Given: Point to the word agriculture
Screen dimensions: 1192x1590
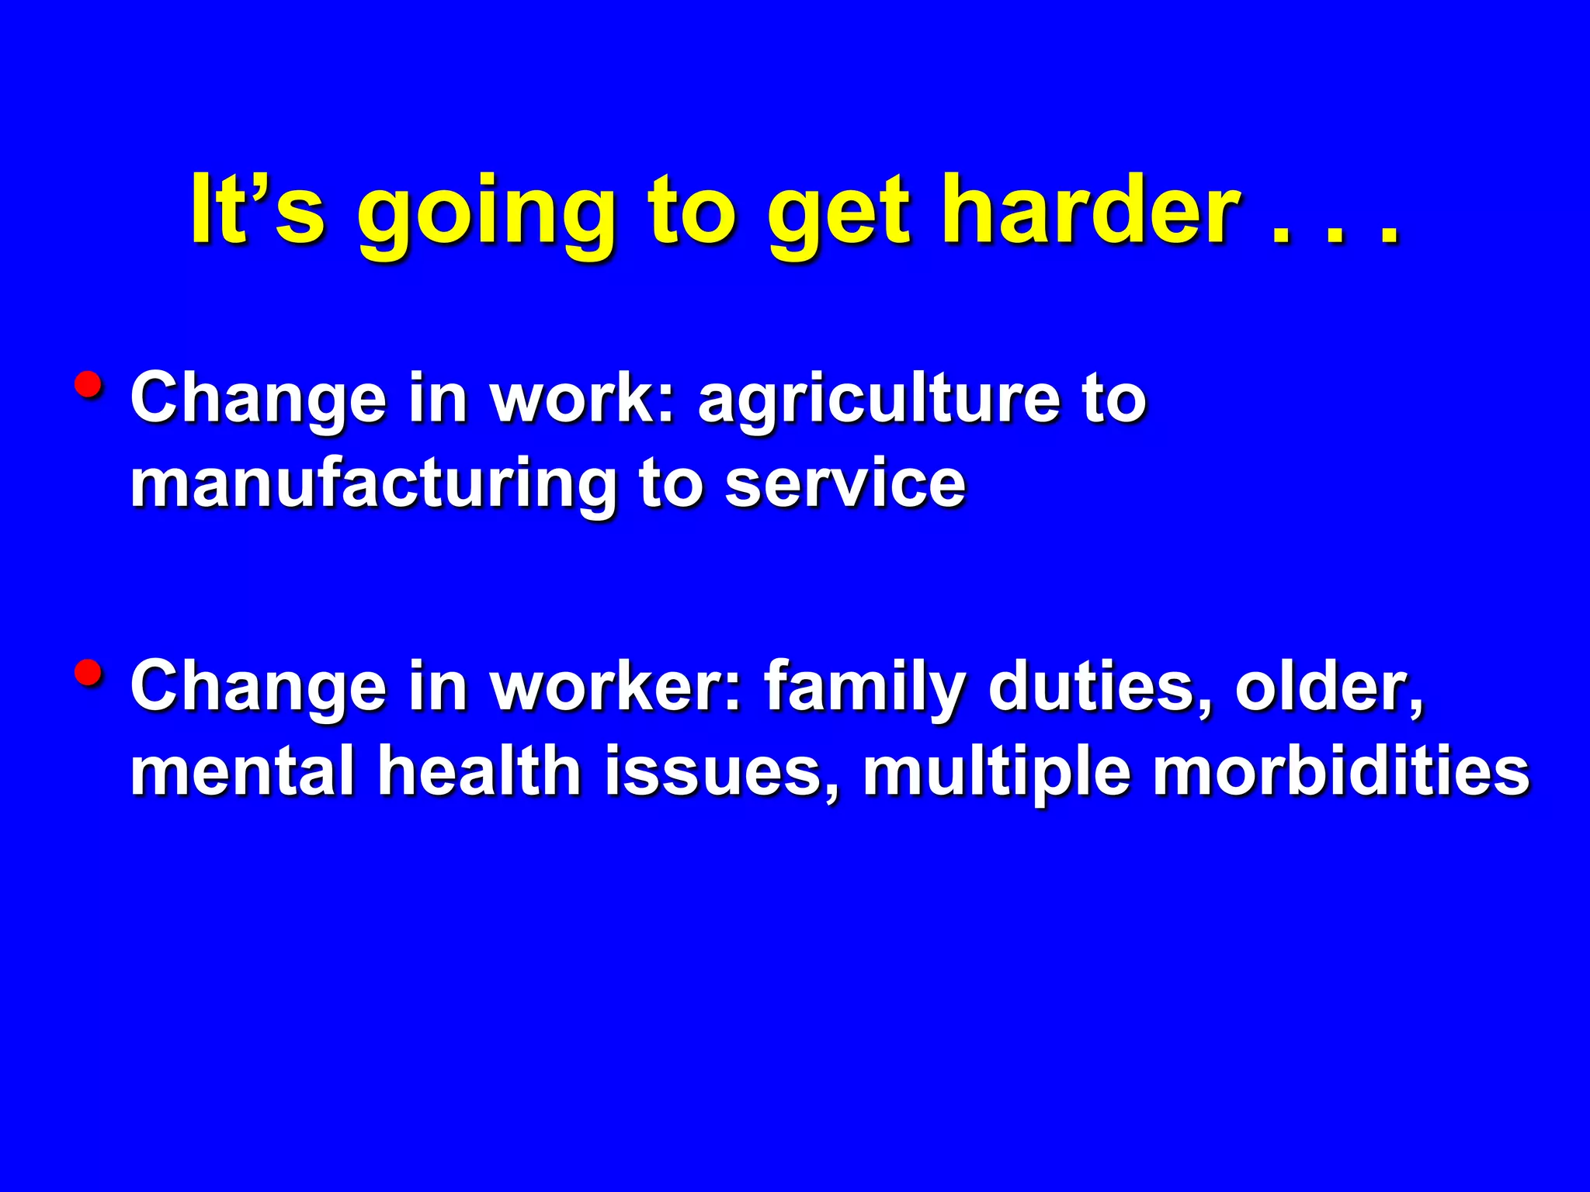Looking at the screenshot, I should coord(878,401).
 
